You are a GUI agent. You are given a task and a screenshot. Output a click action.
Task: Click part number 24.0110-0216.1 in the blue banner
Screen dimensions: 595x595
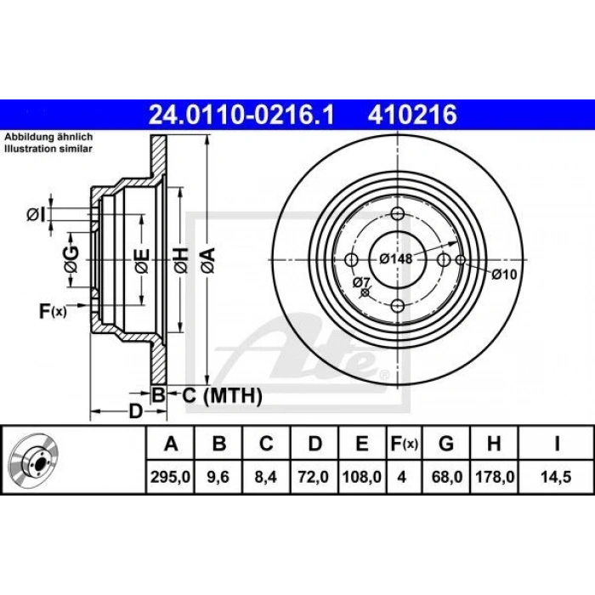coord(241,115)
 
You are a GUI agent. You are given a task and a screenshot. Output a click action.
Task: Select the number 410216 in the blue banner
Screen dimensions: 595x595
coord(412,115)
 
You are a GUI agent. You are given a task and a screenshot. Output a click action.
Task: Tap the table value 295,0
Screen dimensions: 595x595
coord(170,477)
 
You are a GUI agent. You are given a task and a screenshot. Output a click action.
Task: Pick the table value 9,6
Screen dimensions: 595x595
coord(218,477)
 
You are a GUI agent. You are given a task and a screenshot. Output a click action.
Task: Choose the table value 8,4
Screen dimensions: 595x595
coord(266,477)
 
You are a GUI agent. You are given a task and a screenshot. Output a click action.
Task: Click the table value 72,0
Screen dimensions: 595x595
coord(314,477)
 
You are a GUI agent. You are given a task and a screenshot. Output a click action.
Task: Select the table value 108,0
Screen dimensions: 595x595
coord(361,477)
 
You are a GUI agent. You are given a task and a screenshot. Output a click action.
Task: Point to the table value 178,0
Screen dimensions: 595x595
coord(494,477)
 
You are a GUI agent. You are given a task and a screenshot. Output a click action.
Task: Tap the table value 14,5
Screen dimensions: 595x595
coord(556,477)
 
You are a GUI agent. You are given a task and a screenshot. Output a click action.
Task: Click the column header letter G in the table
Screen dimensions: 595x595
coord(446,443)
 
